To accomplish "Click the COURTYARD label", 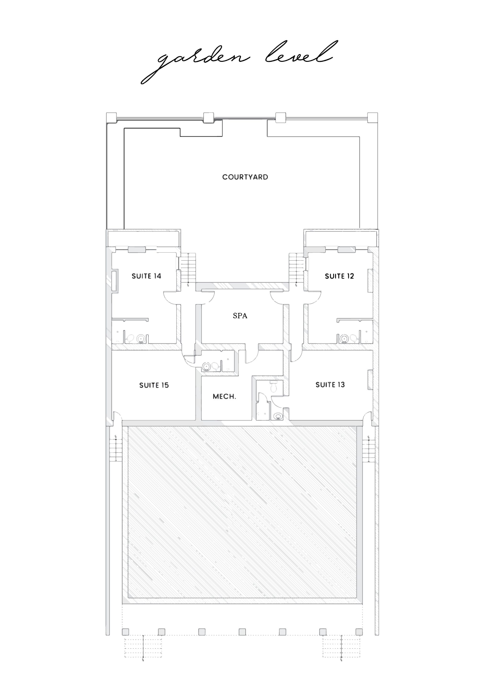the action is pyautogui.click(x=245, y=177).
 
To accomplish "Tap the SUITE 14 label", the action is pyautogui.click(x=146, y=276).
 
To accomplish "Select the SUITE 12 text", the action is pyautogui.click(x=339, y=276).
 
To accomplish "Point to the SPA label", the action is pyautogui.click(x=240, y=316).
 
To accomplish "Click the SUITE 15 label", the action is pyautogui.click(x=154, y=385).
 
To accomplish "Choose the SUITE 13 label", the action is pyautogui.click(x=330, y=385).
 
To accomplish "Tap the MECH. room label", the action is pyautogui.click(x=224, y=397).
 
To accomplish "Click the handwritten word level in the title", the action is pyautogui.click(x=301, y=53).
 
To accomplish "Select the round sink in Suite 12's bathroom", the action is pyautogui.click(x=344, y=338).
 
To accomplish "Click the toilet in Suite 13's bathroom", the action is pyautogui.click(x=273, y=387).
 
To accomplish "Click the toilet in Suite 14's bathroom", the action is pyautogui.click(x=130, y=338).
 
